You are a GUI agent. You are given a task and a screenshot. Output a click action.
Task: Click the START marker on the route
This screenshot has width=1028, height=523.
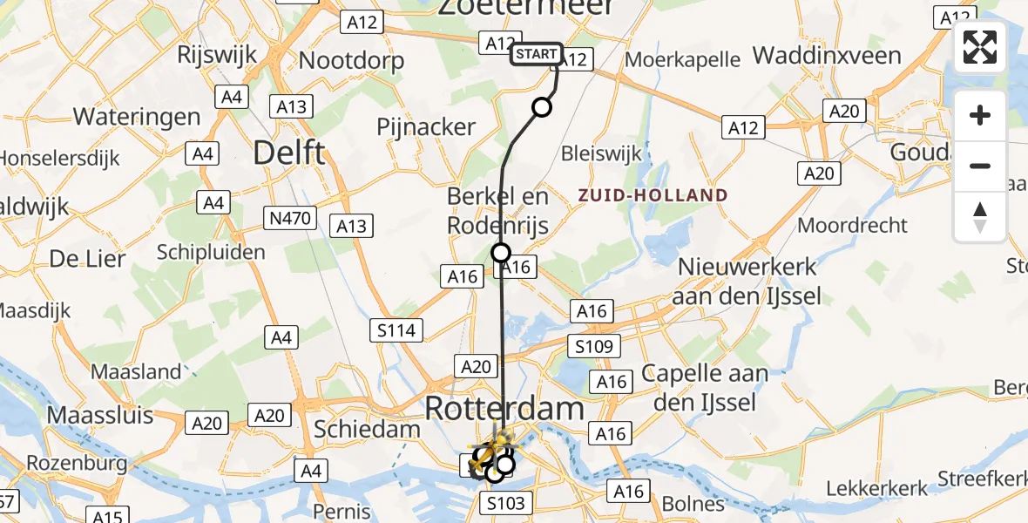click(537, 54)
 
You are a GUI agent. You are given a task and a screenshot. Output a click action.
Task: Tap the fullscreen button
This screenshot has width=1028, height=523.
click(980, 47)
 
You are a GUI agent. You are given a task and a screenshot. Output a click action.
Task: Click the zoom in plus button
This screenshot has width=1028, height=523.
click(980, 115)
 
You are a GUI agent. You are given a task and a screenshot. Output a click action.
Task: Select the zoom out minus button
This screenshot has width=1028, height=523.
click(980, 166)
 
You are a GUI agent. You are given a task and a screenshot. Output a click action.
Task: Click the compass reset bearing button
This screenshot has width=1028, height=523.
click(980, 216)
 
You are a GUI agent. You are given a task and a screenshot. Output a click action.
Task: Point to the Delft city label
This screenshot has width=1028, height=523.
click(289, 153)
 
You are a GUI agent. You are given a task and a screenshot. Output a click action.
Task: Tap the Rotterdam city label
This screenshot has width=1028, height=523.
click(504, 408)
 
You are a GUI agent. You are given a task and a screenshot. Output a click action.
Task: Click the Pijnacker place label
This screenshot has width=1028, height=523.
click(426, 126)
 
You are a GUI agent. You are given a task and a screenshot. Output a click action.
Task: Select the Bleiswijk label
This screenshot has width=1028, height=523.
click(602, 153)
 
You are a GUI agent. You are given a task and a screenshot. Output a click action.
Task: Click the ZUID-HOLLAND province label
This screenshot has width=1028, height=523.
click(653, 195)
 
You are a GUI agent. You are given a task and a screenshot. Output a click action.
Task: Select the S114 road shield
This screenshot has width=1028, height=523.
click(396, 330)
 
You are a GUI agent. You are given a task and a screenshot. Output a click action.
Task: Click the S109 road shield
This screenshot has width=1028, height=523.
click(594, 345)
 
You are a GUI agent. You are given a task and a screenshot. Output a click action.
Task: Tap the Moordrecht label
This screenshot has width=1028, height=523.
click(853, 225)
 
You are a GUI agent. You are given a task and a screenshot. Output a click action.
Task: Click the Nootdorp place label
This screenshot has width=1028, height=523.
click(351, 60)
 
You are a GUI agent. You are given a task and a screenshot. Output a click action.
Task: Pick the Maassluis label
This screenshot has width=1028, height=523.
click(100, 414)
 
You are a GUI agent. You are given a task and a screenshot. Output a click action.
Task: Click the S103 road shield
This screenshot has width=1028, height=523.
click(505, 503)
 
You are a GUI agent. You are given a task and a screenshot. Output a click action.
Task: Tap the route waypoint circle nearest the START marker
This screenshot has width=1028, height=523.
click(542, 107)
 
